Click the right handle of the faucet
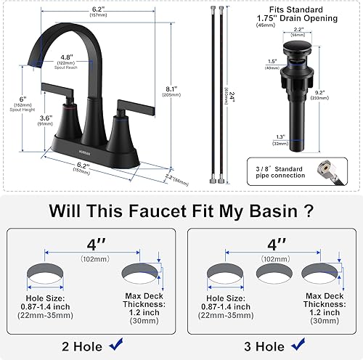pos(137,107)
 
